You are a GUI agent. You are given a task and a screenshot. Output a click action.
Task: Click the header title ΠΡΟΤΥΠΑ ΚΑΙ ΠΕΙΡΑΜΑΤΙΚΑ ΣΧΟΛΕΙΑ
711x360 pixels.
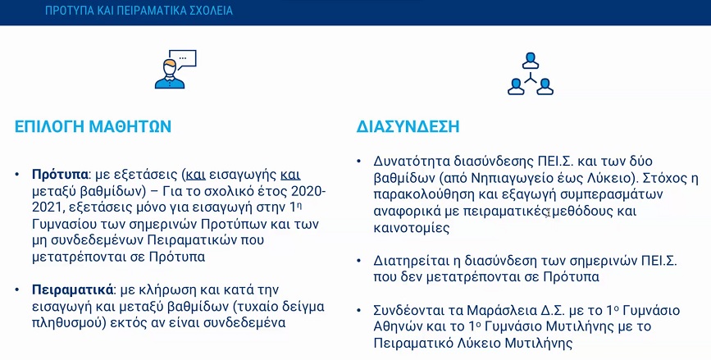point(139,11)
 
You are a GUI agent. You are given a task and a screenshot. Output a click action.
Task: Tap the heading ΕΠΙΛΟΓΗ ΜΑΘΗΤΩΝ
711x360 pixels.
point(93,126)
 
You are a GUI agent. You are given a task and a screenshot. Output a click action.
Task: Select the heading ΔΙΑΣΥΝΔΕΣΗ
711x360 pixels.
point(408,126)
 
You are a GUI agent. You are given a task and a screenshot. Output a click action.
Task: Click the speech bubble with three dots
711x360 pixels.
point(185,59)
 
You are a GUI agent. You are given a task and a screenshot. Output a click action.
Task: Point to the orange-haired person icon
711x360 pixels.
point(170,74)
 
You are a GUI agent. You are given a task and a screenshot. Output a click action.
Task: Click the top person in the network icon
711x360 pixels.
point(530,61)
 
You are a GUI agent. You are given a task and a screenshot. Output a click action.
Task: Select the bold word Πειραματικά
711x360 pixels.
point(72,289)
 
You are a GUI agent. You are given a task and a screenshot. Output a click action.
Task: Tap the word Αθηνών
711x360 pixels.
point(395,327)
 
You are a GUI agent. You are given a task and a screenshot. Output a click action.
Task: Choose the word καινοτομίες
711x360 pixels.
point(412,228)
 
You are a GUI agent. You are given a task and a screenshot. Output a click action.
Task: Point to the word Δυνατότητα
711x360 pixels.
point(406,162)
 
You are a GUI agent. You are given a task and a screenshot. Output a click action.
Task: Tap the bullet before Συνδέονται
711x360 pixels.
point(359,311)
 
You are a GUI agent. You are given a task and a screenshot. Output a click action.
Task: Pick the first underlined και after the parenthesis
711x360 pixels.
point(196,175)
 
